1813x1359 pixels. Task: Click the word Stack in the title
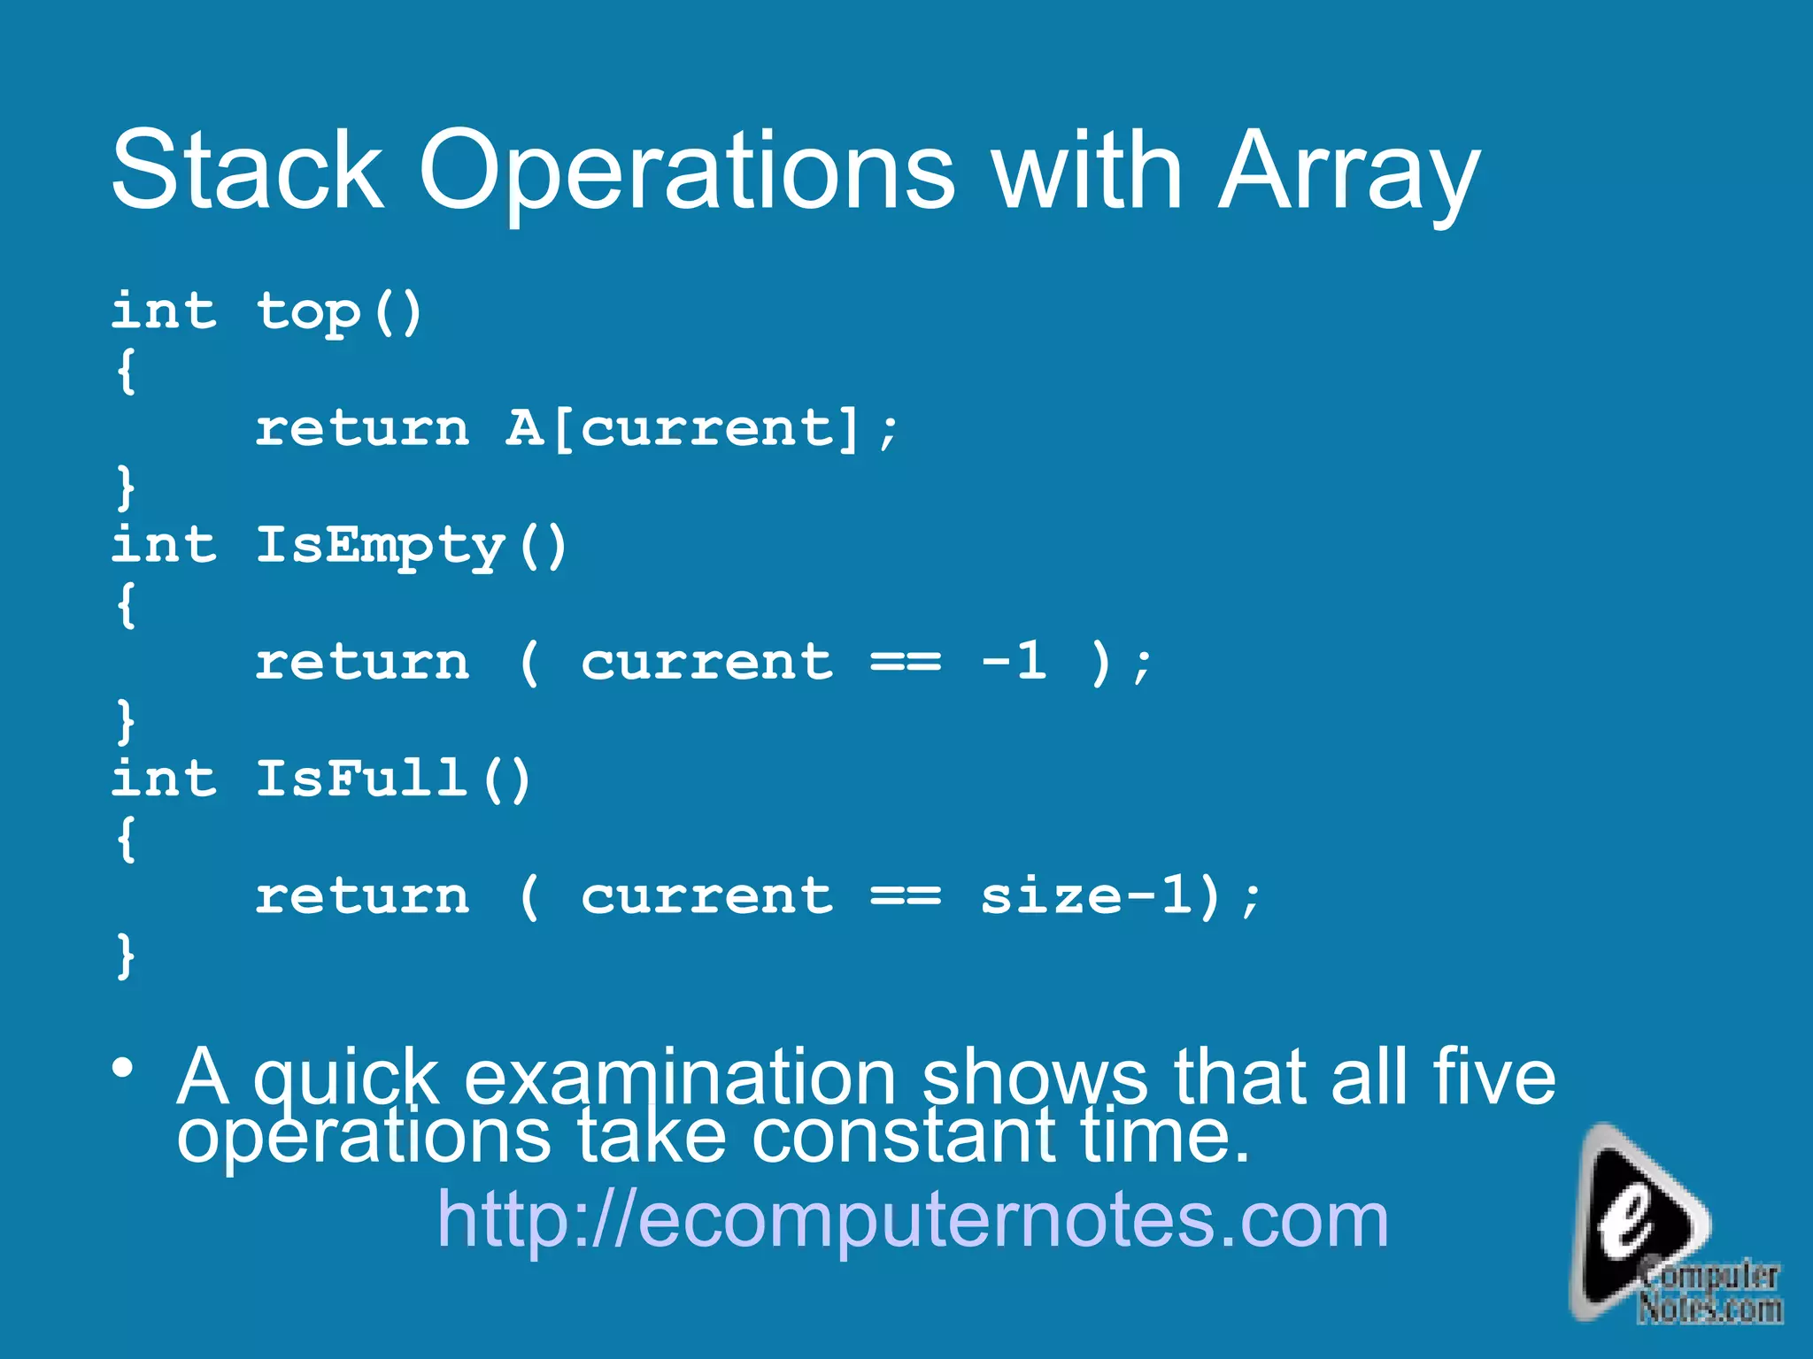[x=248, y=169]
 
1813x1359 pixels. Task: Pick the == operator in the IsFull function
[x=906, y=896]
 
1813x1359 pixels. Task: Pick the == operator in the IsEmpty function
[x=906, y=663]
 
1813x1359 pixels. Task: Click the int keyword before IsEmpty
[x=164, y=544]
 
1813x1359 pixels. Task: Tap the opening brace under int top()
[x=127, y=371]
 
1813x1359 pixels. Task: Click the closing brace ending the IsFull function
[x=127, y=956]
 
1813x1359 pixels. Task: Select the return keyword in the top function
[x=362, y=429]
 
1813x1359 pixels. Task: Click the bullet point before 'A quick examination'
[x=123, y=1068]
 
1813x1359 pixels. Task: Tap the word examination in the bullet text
[x=680, y=1077]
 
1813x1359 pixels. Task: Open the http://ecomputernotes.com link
[x=913, y=1219]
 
